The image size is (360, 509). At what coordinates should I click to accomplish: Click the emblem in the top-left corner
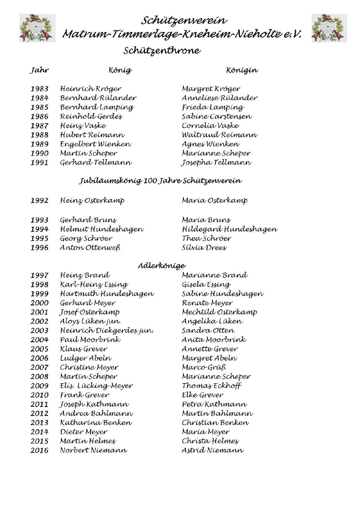37,28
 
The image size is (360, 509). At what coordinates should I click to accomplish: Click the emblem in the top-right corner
329,28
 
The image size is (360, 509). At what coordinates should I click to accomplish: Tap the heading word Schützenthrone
162,51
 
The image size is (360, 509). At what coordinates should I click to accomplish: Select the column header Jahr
39,70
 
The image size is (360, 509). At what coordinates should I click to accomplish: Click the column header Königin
242,70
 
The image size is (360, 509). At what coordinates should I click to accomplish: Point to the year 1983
39,89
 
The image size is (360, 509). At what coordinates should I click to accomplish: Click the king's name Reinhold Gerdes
91,116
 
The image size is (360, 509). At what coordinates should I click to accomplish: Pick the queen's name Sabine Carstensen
217,116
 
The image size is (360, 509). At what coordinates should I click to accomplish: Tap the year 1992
39,201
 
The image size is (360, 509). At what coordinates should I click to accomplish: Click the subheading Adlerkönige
162,266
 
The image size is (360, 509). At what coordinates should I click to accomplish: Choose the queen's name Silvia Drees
204,248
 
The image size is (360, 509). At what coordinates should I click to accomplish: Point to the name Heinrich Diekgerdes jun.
106,331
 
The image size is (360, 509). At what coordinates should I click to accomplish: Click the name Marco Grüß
204,367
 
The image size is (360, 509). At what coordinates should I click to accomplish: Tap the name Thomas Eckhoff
211,386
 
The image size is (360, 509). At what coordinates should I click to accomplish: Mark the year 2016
39,450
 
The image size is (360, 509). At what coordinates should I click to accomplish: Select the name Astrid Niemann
212,450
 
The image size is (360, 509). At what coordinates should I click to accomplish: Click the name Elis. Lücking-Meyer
96,386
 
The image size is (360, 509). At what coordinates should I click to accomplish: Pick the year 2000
39,303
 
